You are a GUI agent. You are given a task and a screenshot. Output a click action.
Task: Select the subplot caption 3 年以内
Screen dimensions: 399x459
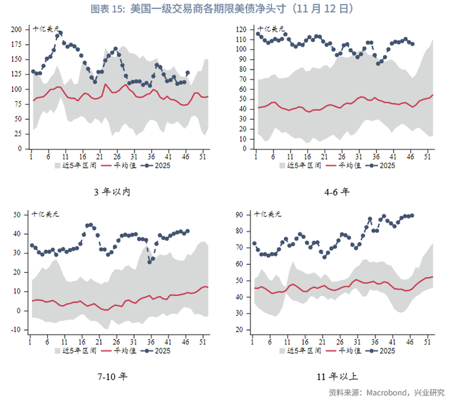point(112,192)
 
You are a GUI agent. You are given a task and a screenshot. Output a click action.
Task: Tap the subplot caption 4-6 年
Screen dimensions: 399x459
point(337,192)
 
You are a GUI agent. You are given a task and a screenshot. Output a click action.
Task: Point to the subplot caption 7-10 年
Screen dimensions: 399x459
point(112,377)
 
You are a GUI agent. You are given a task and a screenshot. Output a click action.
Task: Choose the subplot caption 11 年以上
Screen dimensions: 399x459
point(337,377)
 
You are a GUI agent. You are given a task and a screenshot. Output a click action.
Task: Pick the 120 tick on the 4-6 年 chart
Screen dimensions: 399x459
point(242,30)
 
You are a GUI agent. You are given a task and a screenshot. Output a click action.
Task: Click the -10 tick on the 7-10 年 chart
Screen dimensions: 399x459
point(16,329)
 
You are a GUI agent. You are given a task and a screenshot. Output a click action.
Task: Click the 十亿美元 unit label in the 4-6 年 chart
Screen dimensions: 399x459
point(271,30)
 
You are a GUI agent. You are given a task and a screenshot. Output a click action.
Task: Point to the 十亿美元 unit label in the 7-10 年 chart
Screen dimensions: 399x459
point(46,215)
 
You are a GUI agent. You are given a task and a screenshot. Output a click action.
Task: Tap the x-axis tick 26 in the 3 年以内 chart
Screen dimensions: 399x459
point(117,156)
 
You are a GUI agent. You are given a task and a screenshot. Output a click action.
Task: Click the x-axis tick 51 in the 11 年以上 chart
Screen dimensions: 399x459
point(428,341)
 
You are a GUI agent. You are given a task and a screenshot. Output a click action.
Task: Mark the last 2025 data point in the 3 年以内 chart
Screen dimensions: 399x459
point(188,73)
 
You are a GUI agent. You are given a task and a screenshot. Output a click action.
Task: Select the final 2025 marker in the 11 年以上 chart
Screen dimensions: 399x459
point(411,215)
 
